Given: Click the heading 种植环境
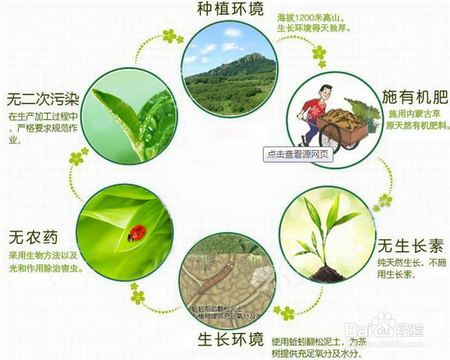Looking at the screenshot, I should [x=229, y=9].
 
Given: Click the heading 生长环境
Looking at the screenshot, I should [x=229, y=340].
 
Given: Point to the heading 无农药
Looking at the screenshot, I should [x=33, y=238].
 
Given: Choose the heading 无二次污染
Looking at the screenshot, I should [x=42, y=97].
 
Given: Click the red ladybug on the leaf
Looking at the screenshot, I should [x=136, y=232].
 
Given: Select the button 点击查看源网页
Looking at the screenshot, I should [x=298, y=154].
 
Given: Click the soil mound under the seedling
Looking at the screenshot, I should [x=326, y=273].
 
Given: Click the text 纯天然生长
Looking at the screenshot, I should [x=400, y=262].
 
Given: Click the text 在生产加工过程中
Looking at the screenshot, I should [x=42, y=116].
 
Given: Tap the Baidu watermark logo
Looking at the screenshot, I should [x=381, y=329].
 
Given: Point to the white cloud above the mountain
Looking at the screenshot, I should [x=232, y=33].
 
